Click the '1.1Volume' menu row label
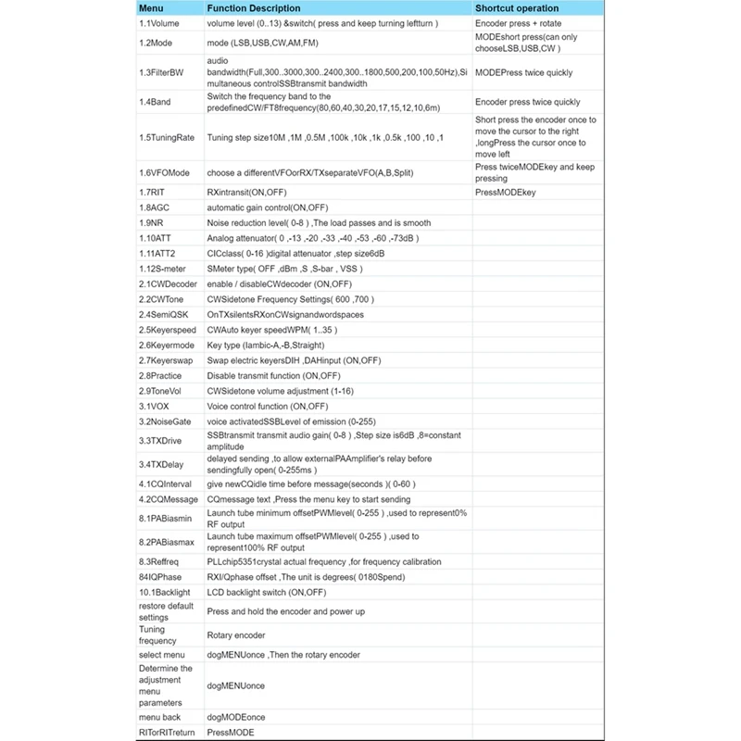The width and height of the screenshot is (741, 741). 159,24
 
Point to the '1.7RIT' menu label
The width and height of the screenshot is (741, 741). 153,193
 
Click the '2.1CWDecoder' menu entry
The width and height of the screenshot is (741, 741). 169,283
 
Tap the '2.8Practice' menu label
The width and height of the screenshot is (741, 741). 160,375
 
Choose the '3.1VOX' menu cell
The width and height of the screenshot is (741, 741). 155,406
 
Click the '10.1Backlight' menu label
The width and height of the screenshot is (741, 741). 165,592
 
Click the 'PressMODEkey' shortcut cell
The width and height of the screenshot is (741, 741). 505,193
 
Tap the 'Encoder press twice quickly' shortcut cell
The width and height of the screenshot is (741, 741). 527,102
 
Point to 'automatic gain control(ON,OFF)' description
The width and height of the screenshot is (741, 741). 279,207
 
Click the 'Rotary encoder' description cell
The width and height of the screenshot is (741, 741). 235,635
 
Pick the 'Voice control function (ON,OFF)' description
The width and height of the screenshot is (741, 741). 267,406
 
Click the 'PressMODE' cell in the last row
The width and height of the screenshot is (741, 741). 230,732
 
